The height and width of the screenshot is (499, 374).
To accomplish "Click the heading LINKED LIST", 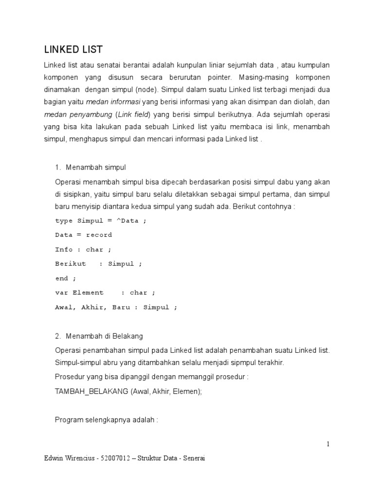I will click(x=73, y=50).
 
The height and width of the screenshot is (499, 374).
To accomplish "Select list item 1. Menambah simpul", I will click(x=91, y=168).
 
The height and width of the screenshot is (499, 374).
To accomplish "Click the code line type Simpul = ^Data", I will click(x=100, y=221).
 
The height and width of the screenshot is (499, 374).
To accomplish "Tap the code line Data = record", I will click(x=83, y=235).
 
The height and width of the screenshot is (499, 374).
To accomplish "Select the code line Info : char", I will click(x=83, y=249).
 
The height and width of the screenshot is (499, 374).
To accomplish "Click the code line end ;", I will click(x=66, y=278).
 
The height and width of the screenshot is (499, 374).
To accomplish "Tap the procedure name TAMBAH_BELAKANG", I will click(x=92, y=390).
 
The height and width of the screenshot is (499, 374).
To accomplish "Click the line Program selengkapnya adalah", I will click(x=107, y=420).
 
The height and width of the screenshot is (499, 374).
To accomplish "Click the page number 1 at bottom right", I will click(x=328, y=444).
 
